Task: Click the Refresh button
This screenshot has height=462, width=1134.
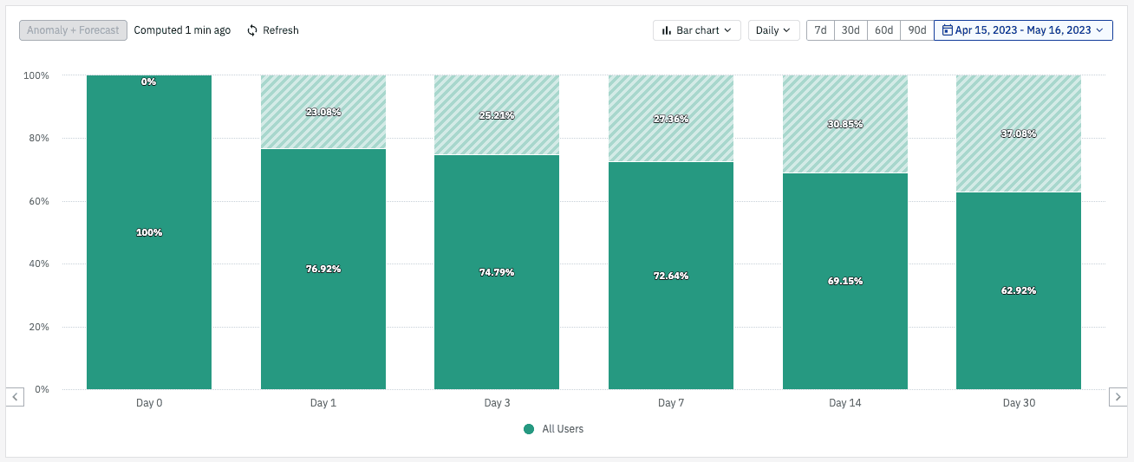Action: coord(272,30)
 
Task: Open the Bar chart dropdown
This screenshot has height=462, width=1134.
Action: coord(696,30)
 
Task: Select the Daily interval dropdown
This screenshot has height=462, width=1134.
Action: coord(772,30)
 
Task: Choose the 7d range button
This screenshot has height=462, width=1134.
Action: coord(820,30)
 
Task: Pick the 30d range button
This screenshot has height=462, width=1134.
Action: coord(850,30)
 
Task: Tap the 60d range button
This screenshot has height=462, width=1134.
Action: coord(883,30)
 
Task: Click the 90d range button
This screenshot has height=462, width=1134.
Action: coord(916,30)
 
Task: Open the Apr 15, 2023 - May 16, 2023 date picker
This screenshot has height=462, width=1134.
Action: coord(1023,30)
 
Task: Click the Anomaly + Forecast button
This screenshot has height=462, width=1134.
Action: coord(73,30)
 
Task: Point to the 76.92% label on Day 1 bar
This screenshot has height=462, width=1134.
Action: coord(323,269)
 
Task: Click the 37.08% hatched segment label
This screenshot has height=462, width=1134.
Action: coord(1018,134)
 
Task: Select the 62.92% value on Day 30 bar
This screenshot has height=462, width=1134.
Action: coord(1018,290)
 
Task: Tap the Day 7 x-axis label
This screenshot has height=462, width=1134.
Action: coord(670,403)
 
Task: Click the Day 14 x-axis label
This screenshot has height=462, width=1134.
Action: coord(844,403)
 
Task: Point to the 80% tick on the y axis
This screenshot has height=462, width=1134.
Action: coord(36,139)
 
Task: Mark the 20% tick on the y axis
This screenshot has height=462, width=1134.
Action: coord(36,327)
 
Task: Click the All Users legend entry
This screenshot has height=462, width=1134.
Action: coord(554,429)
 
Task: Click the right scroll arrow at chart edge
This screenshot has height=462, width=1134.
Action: coord(1118,396)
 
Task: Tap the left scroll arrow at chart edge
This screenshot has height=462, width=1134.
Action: coord(16,396)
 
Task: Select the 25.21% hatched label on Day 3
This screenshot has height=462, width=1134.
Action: coord(496,115)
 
